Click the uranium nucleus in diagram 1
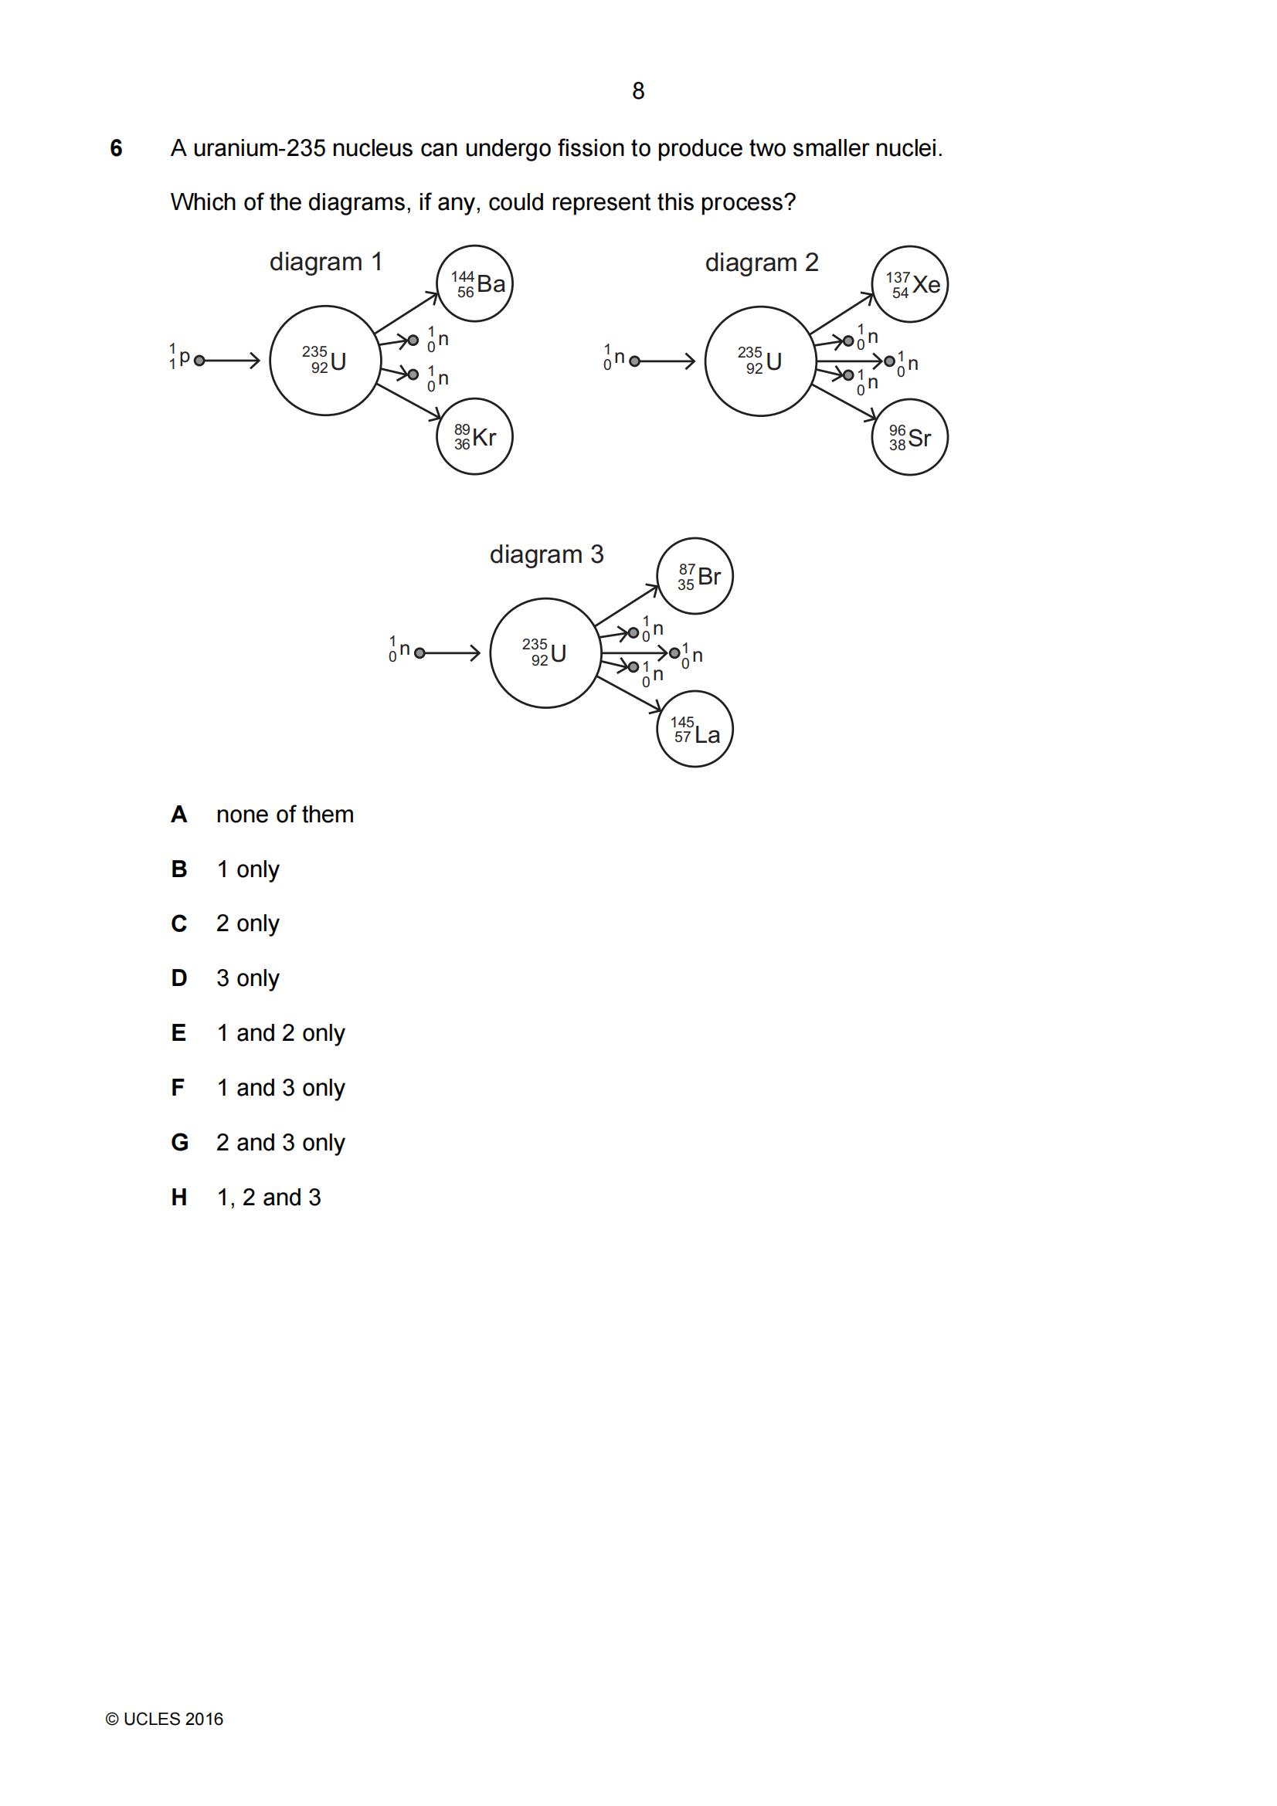click(270, 361)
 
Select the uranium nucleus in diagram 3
click(491, 653)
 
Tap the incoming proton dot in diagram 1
click(199, 361)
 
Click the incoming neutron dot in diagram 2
click(635, 362)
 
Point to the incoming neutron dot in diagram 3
click(419, 653)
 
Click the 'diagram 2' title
click(762, 263)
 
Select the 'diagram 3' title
click(547, 554)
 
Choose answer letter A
click(179, 814)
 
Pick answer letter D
click(179, 978)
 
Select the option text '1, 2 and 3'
click(269, 1198)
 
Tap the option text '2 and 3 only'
click(281, 1143)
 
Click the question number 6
click(117, 148)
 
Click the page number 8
click(638, 91)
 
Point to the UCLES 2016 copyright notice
click(165, 1720)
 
